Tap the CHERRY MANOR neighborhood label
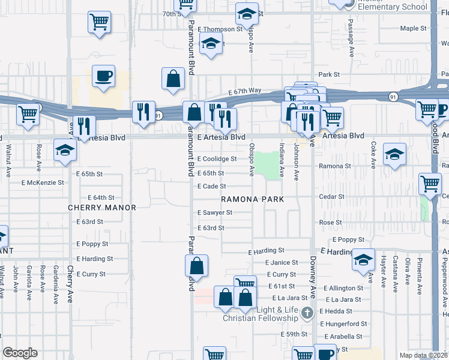click(x=101, y=208)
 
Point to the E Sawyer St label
click(x=215, y=212)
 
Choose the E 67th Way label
click(x=244, y=91)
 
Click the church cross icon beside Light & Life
click(x=307, y=312)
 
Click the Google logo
click(x=20, y=353)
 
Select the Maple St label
click(x=413, y=28)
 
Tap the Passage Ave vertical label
click(x=350, y=34)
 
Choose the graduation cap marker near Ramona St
click(x=394, y=155)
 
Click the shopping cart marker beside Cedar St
click(x=430, y=184)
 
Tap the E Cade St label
click(x=212, y=187)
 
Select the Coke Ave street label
click(x=373, y=154)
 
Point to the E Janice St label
click(x=282, y=263)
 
